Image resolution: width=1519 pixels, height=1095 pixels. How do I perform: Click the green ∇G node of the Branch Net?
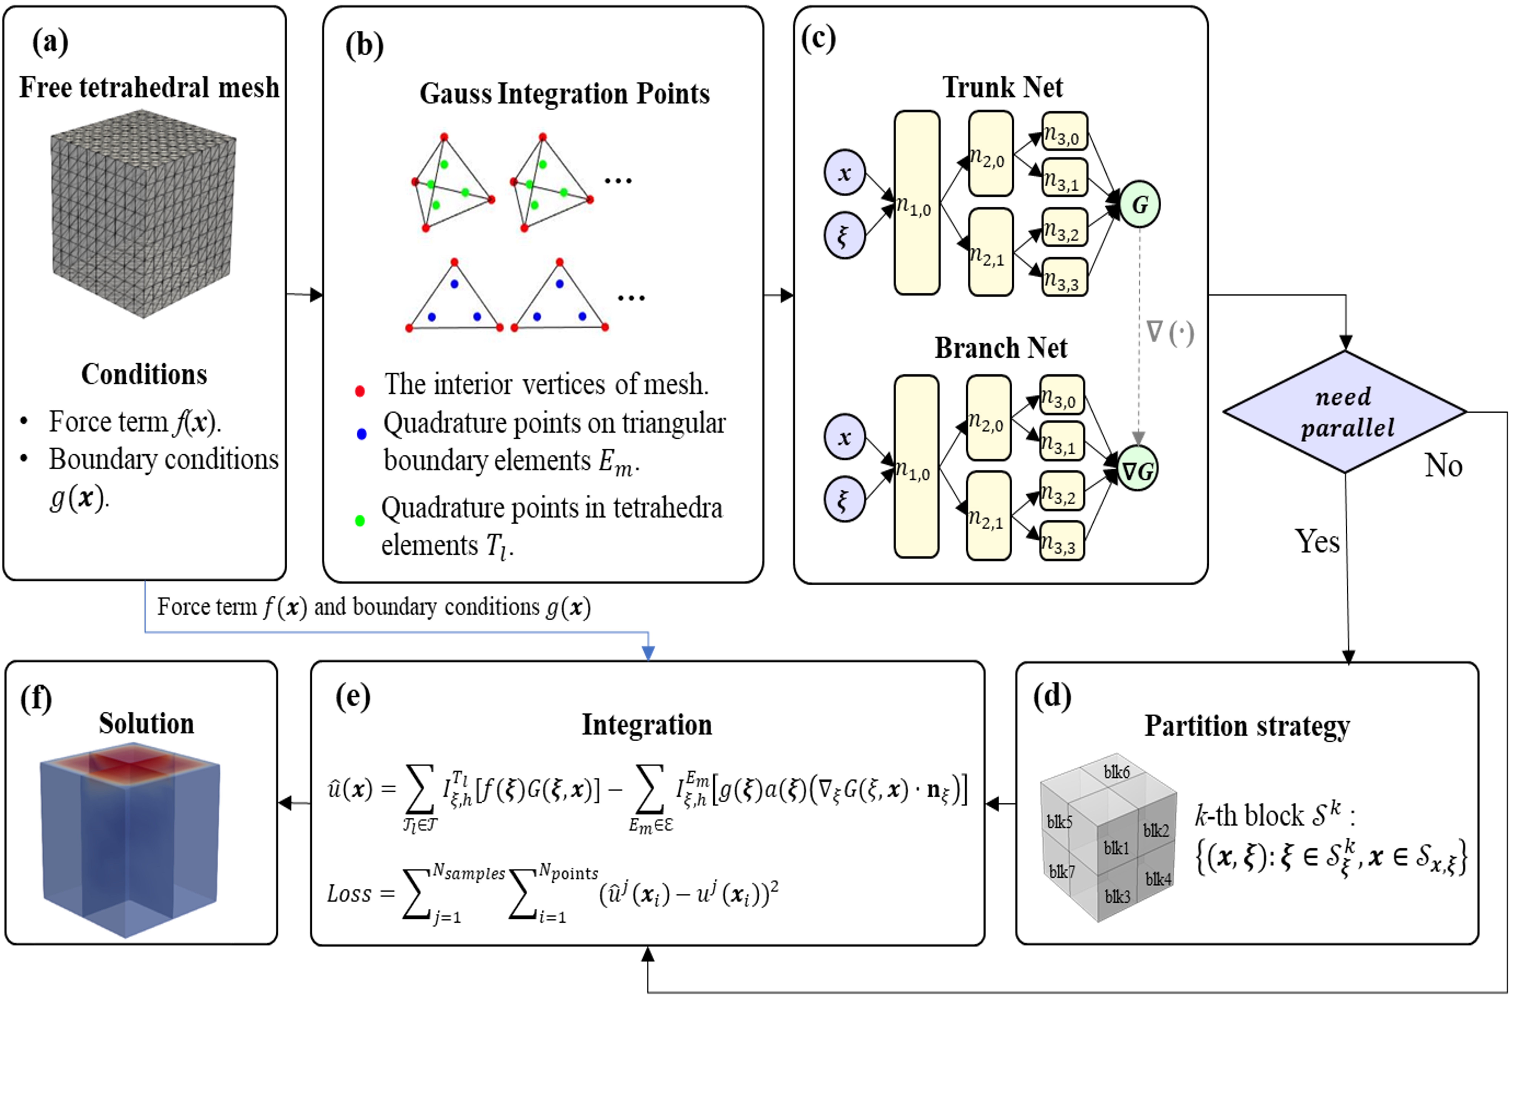tap(1137, 469)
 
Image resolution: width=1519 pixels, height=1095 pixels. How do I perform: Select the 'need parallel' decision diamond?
tap(1345, 412)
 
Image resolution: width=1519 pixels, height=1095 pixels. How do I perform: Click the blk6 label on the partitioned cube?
tap(1116, 772)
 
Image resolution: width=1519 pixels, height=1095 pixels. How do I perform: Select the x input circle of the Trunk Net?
tap(845, 173)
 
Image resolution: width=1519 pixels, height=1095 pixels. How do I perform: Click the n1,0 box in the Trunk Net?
tap(916, 203)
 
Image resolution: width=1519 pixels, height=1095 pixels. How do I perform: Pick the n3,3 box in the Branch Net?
tap(1062, 541)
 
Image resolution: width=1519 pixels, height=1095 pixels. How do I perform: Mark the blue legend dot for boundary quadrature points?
tap(362, 434)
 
